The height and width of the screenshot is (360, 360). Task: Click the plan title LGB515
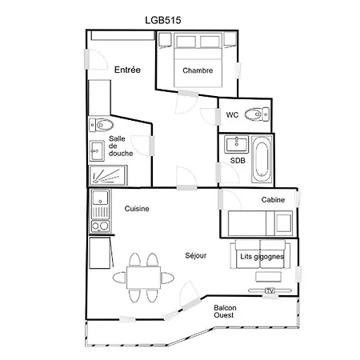point(163,20)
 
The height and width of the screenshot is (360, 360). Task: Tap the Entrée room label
point(127,70)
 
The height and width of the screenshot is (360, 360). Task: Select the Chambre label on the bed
point(198,70)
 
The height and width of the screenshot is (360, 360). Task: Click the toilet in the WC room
point(257,114)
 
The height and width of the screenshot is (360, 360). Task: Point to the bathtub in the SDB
point(262,159)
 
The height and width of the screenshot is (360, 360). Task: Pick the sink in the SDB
point(236,144)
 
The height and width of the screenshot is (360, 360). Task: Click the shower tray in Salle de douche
point(108,175)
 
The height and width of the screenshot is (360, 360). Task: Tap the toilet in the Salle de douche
point(102,125)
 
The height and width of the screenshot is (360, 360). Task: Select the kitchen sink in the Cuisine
point(100,198)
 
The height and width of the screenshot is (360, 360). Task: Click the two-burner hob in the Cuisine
point(100,226)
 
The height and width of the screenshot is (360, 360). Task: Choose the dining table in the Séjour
point(143,278)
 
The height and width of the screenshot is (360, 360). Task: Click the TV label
point(270,290)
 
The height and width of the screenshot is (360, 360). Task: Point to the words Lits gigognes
point(262,257)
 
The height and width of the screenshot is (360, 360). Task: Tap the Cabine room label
point(273,200)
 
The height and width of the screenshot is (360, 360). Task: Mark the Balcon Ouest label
point(225,311)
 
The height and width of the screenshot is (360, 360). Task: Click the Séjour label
point(196,255)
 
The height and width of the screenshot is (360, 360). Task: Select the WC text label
point(232,115)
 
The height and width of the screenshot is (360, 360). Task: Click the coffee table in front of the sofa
point(268,277)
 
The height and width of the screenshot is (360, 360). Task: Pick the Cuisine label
point(137,209)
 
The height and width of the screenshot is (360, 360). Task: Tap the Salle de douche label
point(121,146)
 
